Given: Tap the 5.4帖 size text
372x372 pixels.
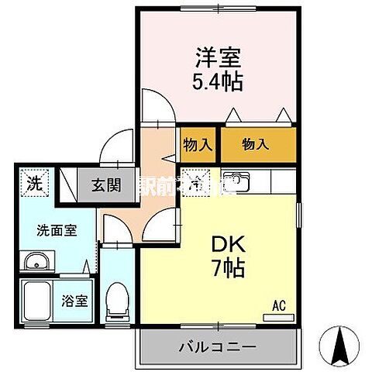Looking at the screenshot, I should click(x=219, y=81).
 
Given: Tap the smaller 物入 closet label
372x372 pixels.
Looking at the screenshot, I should click(x=197, y=145).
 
